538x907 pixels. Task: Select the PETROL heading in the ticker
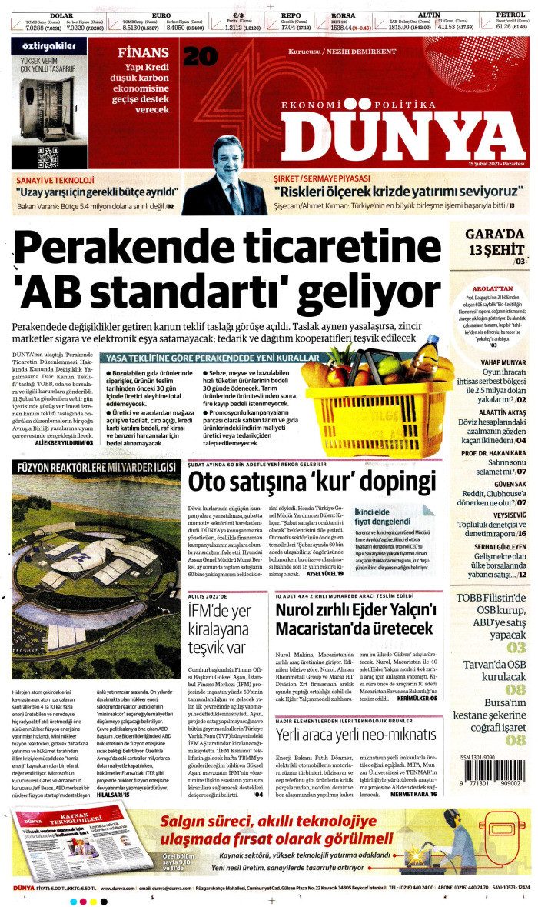pos(510,14)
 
